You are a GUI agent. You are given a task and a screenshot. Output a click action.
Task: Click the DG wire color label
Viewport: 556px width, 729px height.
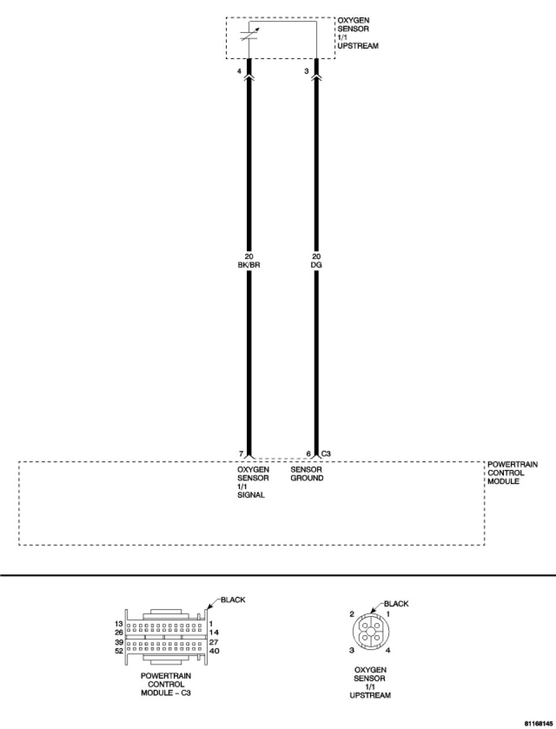316,265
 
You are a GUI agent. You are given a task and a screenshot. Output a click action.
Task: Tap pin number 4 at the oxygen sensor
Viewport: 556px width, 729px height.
239,71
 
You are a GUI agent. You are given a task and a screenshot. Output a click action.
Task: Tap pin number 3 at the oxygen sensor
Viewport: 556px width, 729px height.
306,71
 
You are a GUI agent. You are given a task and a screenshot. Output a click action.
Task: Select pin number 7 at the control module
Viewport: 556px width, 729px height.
240,454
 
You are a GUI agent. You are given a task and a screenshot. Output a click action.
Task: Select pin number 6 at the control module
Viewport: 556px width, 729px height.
309,454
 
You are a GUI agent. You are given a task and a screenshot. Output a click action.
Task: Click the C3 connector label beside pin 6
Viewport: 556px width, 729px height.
325,454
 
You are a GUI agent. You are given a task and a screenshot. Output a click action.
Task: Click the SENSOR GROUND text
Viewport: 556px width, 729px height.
307,474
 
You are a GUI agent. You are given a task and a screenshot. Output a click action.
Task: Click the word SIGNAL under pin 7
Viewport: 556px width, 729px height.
251,495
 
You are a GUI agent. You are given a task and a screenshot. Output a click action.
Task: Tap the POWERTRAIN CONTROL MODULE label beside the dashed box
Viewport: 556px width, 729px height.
513,473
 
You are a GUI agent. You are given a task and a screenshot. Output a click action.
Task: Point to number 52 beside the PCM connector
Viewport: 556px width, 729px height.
119,651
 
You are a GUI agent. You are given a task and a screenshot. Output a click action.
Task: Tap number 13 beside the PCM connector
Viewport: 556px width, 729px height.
119,624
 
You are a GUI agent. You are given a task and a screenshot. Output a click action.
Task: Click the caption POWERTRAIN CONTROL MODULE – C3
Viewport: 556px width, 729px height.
166,684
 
